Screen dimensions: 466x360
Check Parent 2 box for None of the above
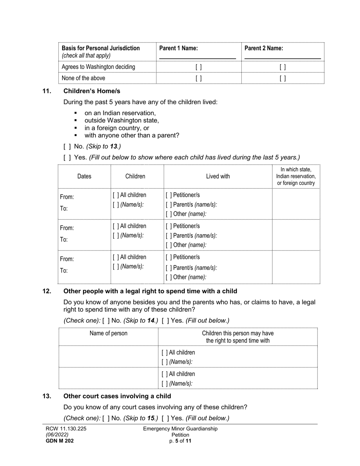tap(283, 78)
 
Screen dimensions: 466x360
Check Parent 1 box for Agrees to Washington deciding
tap(199, 67)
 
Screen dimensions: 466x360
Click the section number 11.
tap(47, 91)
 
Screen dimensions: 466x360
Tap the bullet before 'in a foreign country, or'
tap(76, 128)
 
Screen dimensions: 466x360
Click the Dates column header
tap(84, 176)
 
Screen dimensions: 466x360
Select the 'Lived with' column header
tap(218, 176)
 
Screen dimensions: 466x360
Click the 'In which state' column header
tap(296, 176)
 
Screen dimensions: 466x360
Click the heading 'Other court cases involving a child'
tap(117, 396)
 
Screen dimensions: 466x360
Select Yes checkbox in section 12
tap(165, 321)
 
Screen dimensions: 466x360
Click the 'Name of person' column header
tap(108, 333)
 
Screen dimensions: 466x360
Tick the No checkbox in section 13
tap(106, 419)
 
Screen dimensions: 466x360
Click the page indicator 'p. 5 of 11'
tap(180, 441)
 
